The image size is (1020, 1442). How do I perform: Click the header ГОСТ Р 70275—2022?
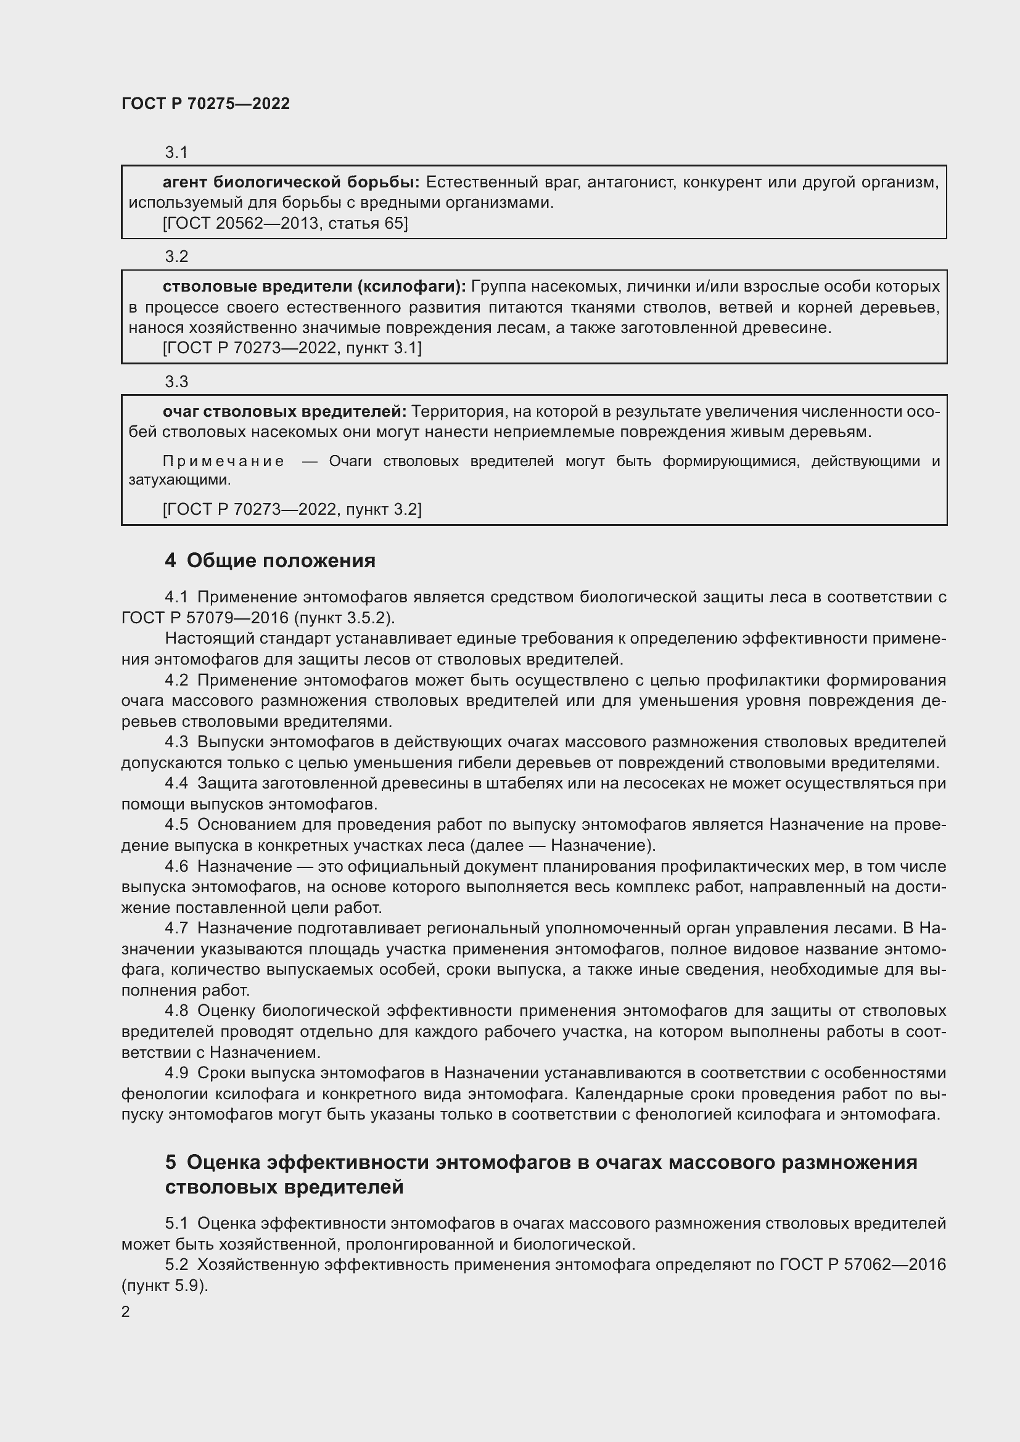pyautogui.click(x=205, y=104)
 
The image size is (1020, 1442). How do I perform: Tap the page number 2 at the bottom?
pyautogui.click(x=126, y=1311)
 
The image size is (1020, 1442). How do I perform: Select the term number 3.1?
pyautogui.click(x=176, y=152)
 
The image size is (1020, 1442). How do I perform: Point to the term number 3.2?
pyautogui.click(x=176, y=256)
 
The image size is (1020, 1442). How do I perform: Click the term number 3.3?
pyautogui.click(x=176, y=381)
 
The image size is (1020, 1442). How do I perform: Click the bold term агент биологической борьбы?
pyautogui.click(x=291, y=182)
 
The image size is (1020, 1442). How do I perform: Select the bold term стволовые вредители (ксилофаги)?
pyautogui.click(x=314, y=287)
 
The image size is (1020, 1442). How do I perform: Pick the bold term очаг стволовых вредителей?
pyautogui.click(x=284, y=411)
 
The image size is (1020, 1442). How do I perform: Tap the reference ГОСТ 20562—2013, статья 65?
pyautogui.click(x=285, y=223)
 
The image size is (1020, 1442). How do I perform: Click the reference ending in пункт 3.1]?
pyautogui.click(x=292, y=347)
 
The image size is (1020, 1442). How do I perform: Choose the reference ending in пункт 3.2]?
pyautogui.click(x=292, y=509)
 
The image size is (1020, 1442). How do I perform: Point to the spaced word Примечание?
pyautogui.click(x=223, y=462)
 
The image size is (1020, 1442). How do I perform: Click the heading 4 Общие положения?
pyautogui.click(x=270, y=560)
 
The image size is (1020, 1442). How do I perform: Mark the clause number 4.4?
pyautogui.click(x=176, y=783)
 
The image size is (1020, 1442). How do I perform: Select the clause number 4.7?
pyautogui.click(x=176, y=928)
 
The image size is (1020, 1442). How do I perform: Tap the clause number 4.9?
pyautogui.click(x=176, y=1073)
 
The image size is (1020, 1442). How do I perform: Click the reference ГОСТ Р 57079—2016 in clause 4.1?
pyautogui.click(x=205, y=617)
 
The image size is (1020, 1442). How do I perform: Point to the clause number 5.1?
pyautogui.click(x=176, y=1223)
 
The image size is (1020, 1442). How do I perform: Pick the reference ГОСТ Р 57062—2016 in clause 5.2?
pyautogui.click(x=862, y=1264)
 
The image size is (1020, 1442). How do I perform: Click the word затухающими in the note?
pyautogui.click(x=179, y=480)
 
